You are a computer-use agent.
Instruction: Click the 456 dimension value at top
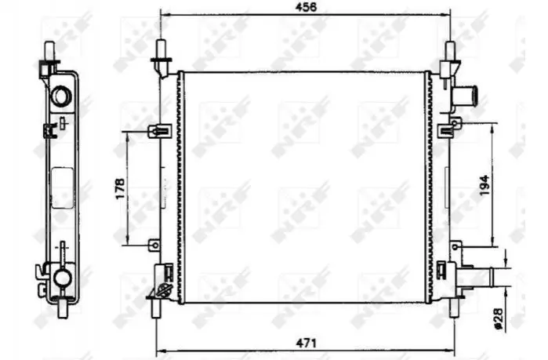(x=307, y=7)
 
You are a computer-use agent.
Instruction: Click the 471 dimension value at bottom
(x=307, y=343)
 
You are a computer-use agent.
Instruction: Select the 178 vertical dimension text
(x=120, y=189)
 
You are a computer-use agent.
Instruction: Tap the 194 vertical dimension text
(x=484, y=185)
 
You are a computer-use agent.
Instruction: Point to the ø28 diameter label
(x=498, y=318)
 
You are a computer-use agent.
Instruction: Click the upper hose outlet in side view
(x=61, y=95)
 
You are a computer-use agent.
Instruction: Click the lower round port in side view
(x=62, y=278)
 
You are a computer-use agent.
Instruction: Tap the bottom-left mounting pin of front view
(x=156, y=307)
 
